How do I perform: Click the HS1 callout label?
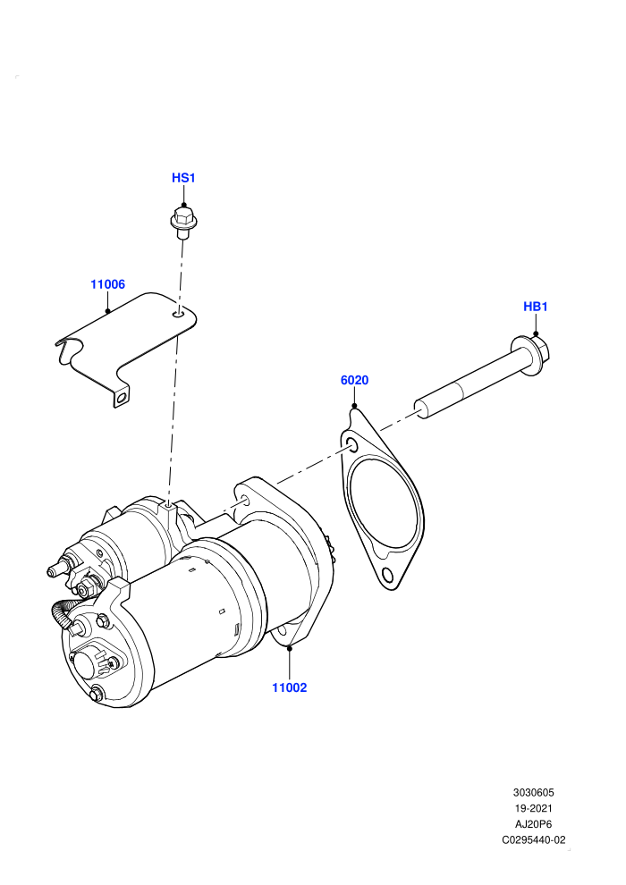pos(183,178)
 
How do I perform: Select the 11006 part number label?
pos(108,284)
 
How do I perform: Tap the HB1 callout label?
pos(536,307)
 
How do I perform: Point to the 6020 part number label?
pos(354,380)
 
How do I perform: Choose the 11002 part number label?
pos(290,687)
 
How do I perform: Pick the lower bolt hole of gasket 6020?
pos(387,575)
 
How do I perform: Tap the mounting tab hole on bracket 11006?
pos(121,399)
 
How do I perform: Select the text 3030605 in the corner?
pos(533,792)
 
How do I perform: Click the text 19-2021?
pos(533,808)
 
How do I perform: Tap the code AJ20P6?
pos(533,824)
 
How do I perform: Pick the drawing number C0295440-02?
pos(533,839)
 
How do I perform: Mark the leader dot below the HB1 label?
pos(536,333)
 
